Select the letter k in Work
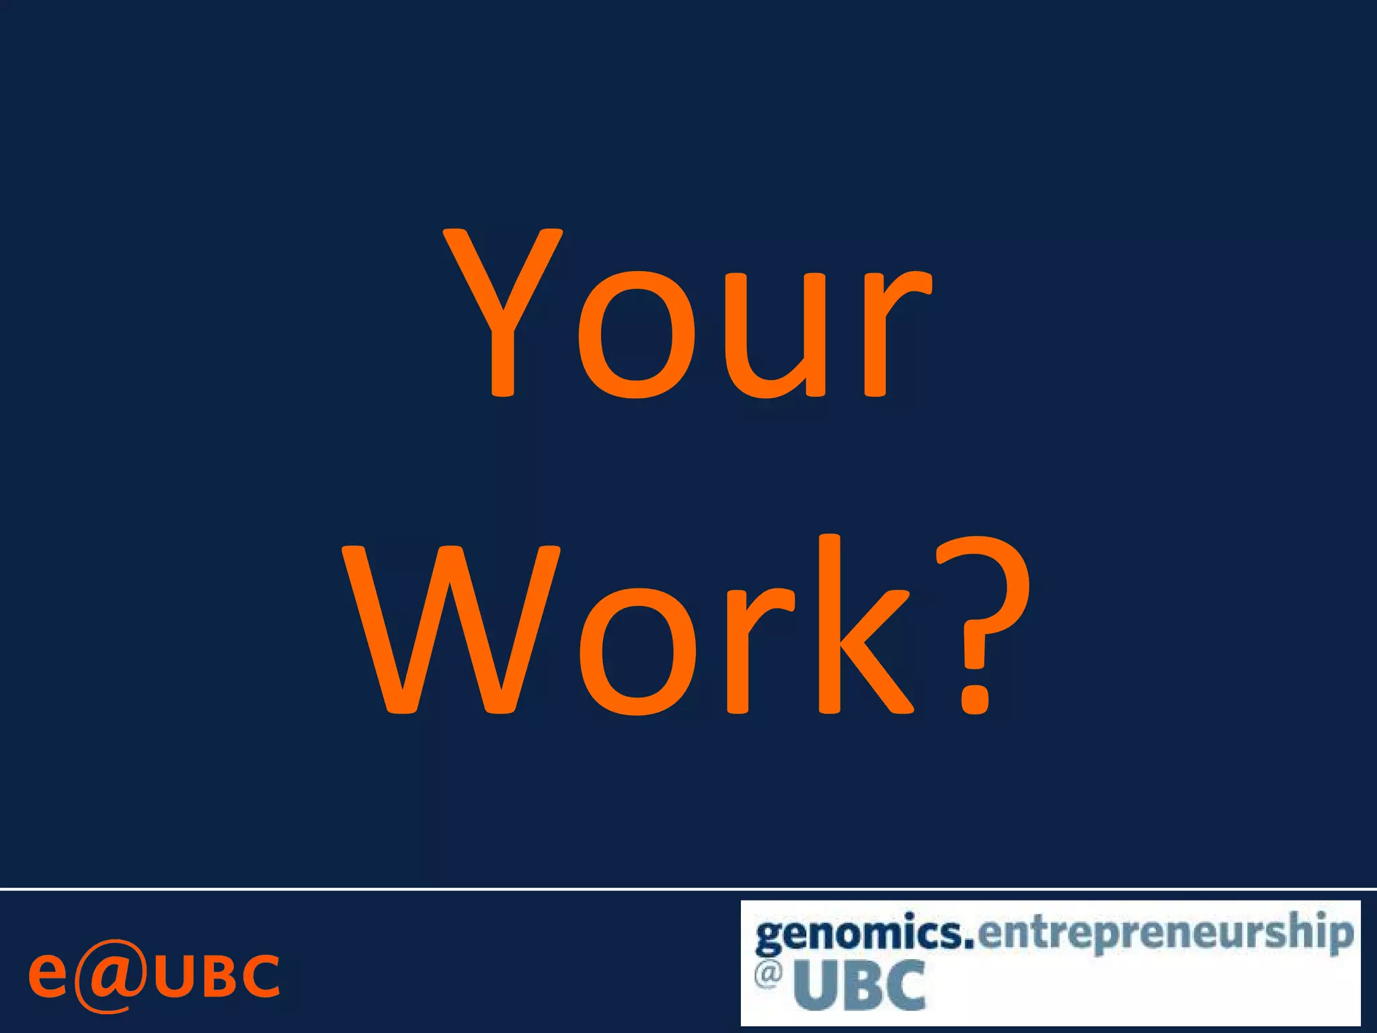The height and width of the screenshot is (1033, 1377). tap(864, 625)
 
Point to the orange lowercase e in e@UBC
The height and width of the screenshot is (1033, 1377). tap(47, 975)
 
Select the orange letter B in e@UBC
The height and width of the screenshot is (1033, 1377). tap(219, 976)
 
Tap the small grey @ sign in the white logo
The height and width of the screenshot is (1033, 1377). tap(768, 974)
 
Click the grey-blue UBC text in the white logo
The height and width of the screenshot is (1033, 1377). tap(859, 986)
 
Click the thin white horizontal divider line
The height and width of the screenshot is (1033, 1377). tap(688, 889)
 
